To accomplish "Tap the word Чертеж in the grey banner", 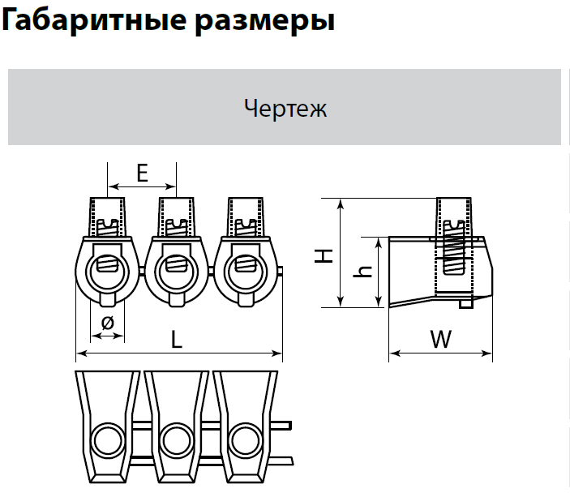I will click(285, 108).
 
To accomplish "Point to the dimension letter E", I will click(142, 173).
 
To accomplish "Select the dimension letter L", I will click(176, 341).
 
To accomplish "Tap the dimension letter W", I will click(440, 340).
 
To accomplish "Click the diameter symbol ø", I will click(107, 323).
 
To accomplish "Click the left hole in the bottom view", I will click(105, 441).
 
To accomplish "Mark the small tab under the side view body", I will click(465, 305).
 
